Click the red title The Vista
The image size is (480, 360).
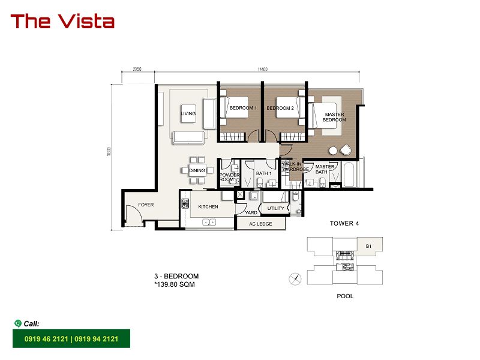point(62,22)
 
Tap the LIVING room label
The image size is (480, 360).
point(188,113)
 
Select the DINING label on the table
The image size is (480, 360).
point(197,170)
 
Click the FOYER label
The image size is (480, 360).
point(146,205)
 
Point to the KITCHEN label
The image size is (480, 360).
point(208,206)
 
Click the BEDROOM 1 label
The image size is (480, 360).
point(244,108)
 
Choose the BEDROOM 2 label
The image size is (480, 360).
point(280,108)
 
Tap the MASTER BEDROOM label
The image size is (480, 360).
point(334,117)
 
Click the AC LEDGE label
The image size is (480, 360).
point(260,224)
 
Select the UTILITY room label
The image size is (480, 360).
point(276,208)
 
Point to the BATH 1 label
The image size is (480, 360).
point(263,173)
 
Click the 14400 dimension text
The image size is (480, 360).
point(262,69)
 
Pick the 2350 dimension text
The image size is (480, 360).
point(137,69)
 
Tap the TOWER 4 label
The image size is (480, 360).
point(344,223)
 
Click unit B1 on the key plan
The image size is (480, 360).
point(368,246)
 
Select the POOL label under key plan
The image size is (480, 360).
point(345,296)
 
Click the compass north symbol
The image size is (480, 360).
point(295,279)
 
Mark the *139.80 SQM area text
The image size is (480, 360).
point(175,284)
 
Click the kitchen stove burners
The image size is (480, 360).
point(185,203)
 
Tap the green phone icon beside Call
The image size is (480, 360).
point(18,323)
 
